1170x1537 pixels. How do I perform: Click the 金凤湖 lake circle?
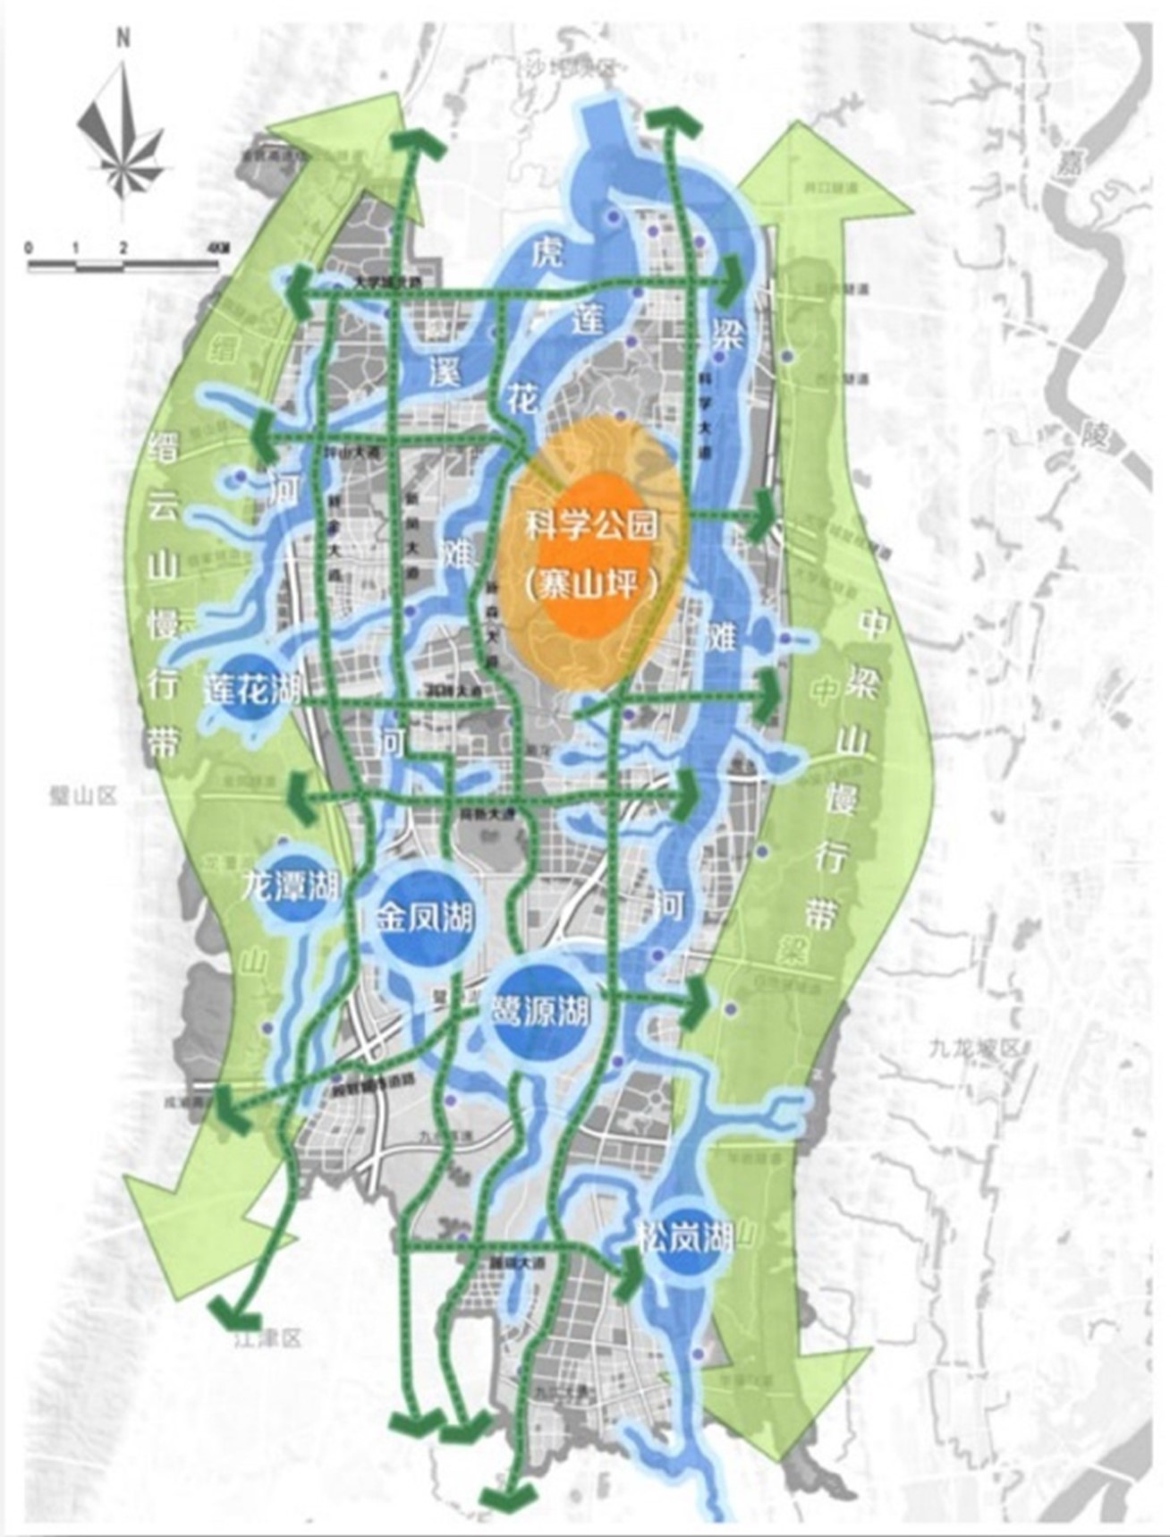[424, 918]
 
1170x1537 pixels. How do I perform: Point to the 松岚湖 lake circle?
[685, 1238]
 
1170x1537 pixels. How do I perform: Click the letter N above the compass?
[123, 38]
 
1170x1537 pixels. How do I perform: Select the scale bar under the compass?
[123, 262]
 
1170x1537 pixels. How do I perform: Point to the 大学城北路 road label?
[387, 281]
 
